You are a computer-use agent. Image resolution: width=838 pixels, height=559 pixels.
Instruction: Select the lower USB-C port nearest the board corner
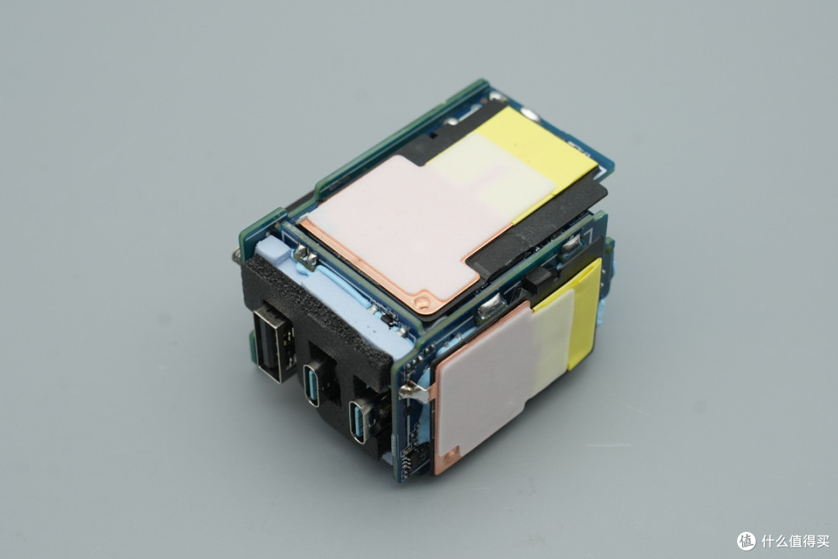tap(358, 421)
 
